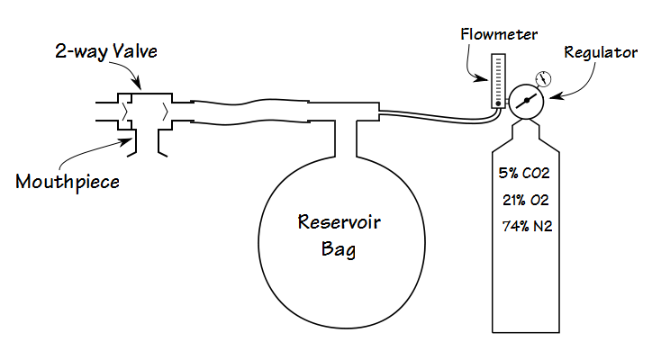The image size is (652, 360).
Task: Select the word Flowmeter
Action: (498, 34)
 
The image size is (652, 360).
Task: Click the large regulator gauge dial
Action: (525, 101)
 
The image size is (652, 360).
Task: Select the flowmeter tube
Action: (496, 81)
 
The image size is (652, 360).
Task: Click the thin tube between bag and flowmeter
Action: (432, 114)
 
